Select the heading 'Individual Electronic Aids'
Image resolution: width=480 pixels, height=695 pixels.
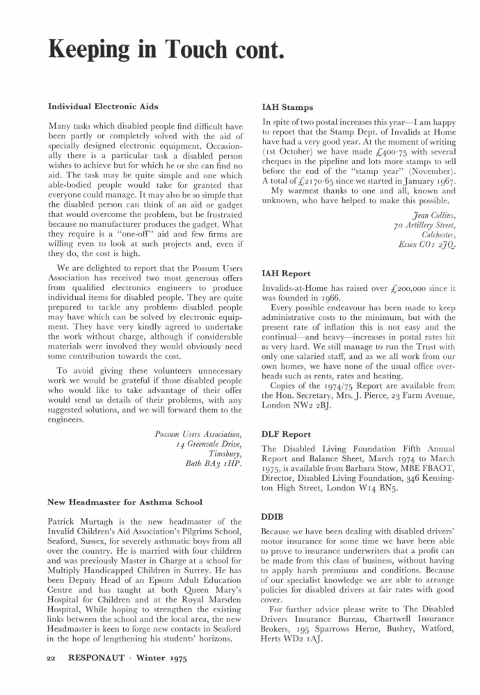point(102,106)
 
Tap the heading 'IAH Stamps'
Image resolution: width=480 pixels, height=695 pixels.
point(288,107)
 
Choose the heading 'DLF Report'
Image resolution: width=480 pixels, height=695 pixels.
point(287,433)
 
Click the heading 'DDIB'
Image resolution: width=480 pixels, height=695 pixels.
point(273,518)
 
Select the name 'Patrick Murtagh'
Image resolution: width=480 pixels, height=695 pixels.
point(74,520)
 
